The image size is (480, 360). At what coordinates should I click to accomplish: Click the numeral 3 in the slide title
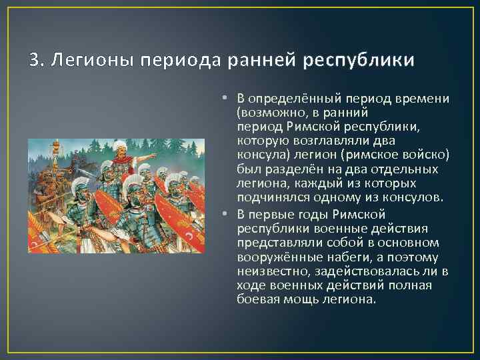click(x=34, y=61)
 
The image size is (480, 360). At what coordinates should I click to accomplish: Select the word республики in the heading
click(x=358, y=61)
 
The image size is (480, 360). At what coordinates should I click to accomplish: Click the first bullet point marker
click(x=227, y=99)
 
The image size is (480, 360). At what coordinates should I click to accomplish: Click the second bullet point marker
click(x=227, y=213)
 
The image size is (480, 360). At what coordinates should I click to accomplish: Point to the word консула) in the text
click(x=258, y=155)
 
